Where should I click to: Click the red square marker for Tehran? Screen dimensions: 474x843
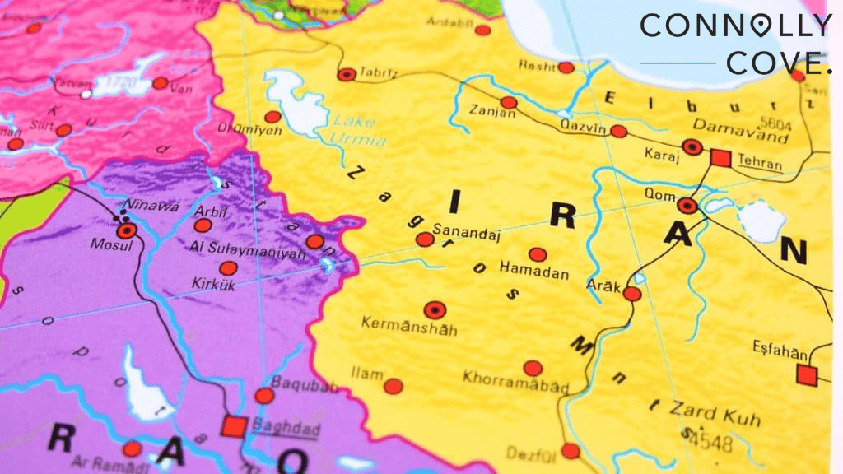[721, 157]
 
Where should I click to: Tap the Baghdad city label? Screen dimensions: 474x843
[273, 427]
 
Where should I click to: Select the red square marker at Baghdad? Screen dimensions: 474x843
[235, 426]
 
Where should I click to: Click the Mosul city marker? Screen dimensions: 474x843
[126, 231]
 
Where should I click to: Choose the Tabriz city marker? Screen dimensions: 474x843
[347, 74]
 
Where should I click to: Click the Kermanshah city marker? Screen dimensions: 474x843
[435, 310]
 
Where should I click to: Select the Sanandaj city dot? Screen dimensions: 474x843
[424, 239]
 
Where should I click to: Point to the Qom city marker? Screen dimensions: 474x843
[687, 206]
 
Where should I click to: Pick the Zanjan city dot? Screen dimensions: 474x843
[509, 103]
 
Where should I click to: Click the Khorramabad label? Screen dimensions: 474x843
[515, 382]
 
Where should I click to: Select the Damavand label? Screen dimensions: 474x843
[740, 126]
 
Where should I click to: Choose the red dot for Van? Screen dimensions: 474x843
[161, 83]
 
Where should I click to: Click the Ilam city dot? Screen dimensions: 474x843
[394, 386]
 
